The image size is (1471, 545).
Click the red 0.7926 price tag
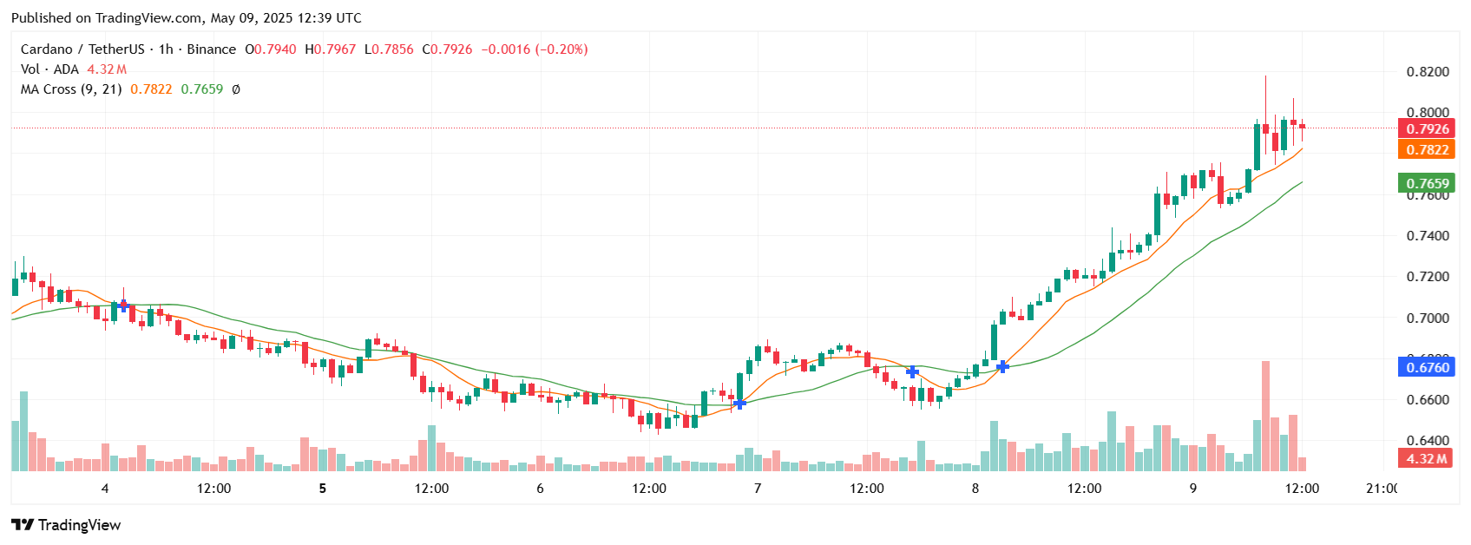tap(1427, 128)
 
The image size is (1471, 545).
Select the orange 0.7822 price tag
tap(1427, 149)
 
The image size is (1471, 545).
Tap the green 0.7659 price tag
tap(1427, 183)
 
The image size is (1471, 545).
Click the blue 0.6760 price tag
tap(1427, 367)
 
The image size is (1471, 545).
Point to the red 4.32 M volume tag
tap(1426, 458)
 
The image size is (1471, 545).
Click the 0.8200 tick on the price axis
tap(1427, 71)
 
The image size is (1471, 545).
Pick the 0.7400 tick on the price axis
tap(1427, 236)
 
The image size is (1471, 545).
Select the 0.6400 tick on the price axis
tap(1427, 441)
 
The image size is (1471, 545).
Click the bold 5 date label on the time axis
tap(323, 489)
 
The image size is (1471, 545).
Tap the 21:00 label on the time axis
tap(1381, 489)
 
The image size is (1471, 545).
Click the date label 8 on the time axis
tap(975, 489)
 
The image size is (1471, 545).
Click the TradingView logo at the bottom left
tap(66, 525)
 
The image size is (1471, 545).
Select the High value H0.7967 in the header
tap(329, 49)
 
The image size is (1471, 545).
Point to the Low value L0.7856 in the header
tap(388, 49)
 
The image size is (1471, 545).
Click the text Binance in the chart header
tap(211, 49)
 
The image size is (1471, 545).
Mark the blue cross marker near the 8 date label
tap(1002, 367)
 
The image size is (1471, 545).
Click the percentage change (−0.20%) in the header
tap(561, 49)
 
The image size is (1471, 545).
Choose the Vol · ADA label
tap(49, 69)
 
